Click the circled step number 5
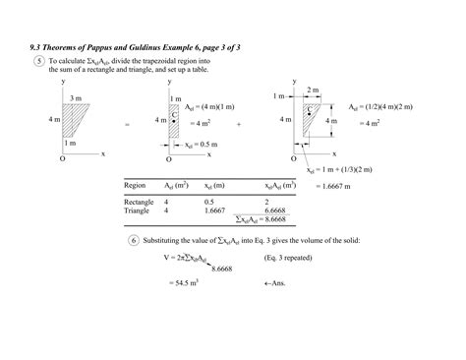tap(38, 61)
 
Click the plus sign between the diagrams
tap(239, 126)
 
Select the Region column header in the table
tap(136, 185)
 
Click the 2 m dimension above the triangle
tap(313, 90)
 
